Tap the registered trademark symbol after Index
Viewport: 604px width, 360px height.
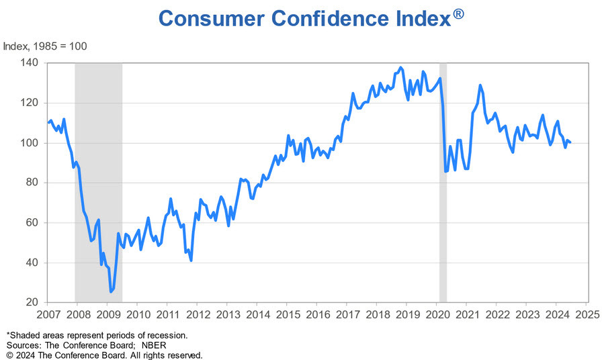coord(458,13)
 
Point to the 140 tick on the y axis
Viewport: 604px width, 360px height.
coord(32,63)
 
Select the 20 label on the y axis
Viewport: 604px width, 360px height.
coord(34,303)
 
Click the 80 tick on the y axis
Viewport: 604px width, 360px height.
coord(34,183)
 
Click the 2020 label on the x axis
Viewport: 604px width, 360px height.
coord(437,314)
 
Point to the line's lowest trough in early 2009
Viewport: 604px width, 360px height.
coord(111,292)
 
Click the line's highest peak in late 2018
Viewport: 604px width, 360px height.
coord(401,67)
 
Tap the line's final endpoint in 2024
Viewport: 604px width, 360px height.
coord(570,142)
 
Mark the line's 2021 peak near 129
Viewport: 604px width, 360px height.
coord(480,85)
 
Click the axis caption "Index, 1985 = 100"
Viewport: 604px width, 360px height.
coord(45,46)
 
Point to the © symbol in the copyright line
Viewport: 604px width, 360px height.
coord(10,355)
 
